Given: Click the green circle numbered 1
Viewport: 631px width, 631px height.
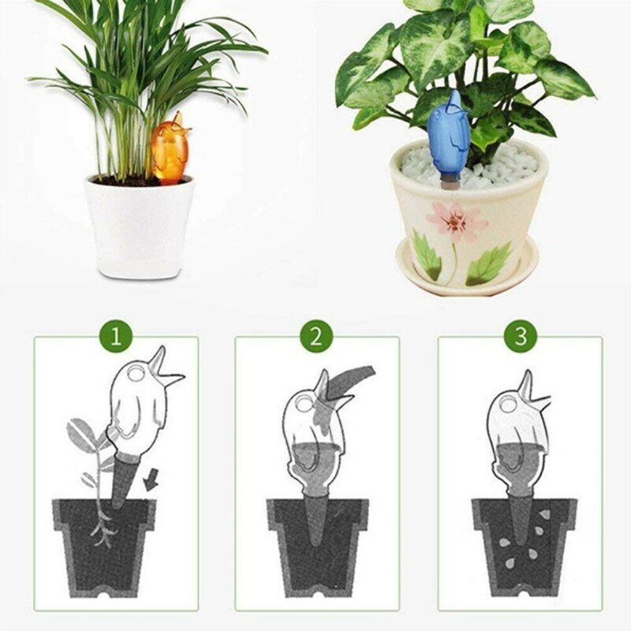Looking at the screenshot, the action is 116,336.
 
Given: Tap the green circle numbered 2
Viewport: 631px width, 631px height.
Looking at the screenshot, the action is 316,336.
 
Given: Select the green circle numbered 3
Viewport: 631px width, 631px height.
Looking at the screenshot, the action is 521,336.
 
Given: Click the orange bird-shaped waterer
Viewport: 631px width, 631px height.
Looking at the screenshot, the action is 170,150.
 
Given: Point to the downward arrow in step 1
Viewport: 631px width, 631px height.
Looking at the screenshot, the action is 151,481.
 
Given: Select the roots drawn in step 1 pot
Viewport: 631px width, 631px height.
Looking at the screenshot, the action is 103,527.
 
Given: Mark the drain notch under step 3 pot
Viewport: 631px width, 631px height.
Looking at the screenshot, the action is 524,594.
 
